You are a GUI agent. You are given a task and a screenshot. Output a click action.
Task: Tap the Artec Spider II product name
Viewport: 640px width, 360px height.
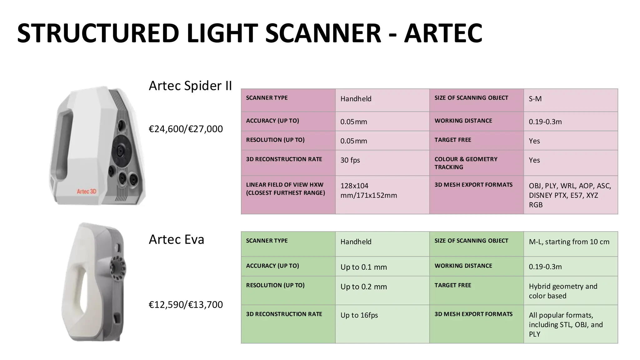[190, 86]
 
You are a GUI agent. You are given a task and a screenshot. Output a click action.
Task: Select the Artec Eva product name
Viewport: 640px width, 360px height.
[176, 239]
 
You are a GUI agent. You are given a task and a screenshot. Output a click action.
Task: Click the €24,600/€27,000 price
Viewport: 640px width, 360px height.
[186, 129]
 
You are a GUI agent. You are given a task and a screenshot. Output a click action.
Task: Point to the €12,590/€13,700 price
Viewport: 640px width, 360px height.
[186, 304]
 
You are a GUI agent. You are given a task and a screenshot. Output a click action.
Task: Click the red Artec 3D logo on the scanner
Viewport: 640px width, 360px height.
[87, 191]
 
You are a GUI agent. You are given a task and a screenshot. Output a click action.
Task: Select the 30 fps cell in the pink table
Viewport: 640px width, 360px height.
[350, 160]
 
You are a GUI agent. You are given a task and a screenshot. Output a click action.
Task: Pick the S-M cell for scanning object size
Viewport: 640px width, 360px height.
[535, 99]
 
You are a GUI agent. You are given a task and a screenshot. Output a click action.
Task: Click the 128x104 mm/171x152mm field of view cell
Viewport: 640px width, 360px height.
[368, 191]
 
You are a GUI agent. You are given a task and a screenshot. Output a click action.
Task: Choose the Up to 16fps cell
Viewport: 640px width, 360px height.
[359, 315]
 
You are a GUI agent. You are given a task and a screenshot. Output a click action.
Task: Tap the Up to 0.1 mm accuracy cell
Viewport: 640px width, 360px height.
[363, 267]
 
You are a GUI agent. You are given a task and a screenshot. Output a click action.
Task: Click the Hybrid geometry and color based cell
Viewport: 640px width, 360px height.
[563, 291]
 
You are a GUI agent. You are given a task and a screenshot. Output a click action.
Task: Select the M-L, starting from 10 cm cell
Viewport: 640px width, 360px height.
[569, 242]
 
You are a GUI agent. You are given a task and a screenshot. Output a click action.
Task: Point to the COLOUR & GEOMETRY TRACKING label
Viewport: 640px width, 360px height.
[466, 163]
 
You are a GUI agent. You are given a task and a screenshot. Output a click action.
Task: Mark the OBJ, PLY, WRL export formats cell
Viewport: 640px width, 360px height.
[570, 195]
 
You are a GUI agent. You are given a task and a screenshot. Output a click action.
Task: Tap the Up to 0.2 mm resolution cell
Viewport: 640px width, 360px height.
[363, 287]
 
